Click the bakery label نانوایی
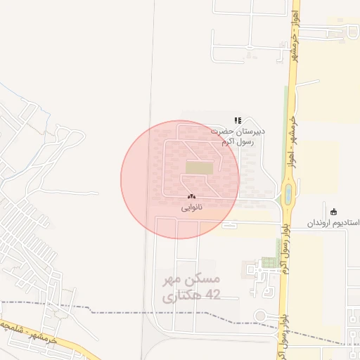pos(191,207)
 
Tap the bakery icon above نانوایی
pos(191,198)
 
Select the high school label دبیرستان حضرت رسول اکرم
pos(238,136)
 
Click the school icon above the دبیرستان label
pos(238,120)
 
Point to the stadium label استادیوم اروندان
pos(333,222)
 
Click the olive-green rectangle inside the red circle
pos(199,168)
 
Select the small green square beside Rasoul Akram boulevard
pos(269,263)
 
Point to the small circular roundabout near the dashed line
pos(259,314)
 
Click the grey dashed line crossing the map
pos(105,308)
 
